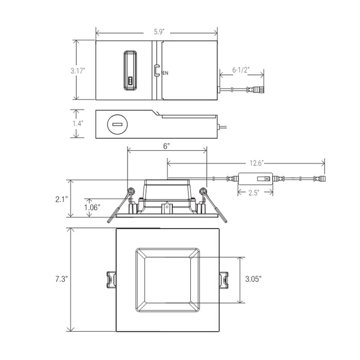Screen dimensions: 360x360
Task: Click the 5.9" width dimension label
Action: click(159, 32)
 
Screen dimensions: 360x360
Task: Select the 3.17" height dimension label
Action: click(78, 71)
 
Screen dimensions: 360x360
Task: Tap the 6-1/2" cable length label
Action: click(241, 69)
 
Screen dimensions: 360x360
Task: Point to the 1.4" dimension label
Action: click(78, 123)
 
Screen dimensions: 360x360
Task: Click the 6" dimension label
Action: click(167, 146)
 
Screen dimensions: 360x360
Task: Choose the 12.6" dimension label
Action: click(257, 163)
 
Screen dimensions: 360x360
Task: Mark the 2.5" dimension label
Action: click(254, 192)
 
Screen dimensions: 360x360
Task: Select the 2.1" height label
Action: click(62, 199)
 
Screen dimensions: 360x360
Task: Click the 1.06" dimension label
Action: click(92, 207)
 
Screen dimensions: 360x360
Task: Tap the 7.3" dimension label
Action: click(62, 279)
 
